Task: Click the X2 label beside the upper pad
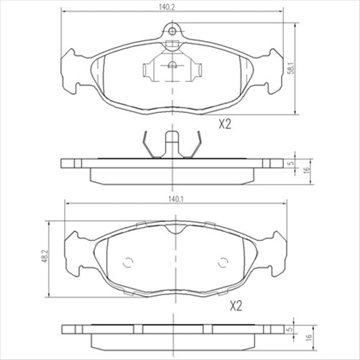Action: pos(226,124)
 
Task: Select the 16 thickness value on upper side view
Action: pos(305,170)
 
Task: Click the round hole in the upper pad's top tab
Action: pos(172,29)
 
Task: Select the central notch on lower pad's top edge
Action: pos(172,229)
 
